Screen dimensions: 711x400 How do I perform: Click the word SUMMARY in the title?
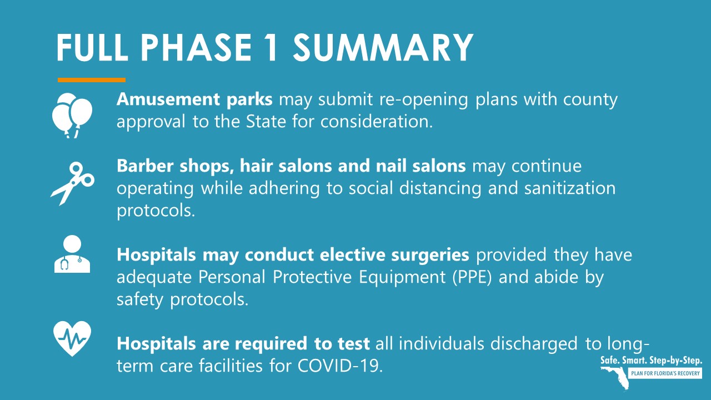pos(383,48)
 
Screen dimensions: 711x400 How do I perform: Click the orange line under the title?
pos(92,80)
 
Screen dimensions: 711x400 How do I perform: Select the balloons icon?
pos(72,115)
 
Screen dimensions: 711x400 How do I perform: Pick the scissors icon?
pos(72,183)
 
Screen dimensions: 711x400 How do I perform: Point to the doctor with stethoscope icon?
pos(72,254)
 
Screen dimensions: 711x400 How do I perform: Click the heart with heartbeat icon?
pos(72,338)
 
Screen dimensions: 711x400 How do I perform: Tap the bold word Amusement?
pos(168,99)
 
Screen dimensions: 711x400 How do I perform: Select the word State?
pos(266,122)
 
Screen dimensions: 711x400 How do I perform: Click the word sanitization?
pos(570,188)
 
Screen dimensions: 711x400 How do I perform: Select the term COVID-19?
pos(340,366)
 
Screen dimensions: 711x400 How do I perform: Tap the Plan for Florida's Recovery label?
pos(665,373)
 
